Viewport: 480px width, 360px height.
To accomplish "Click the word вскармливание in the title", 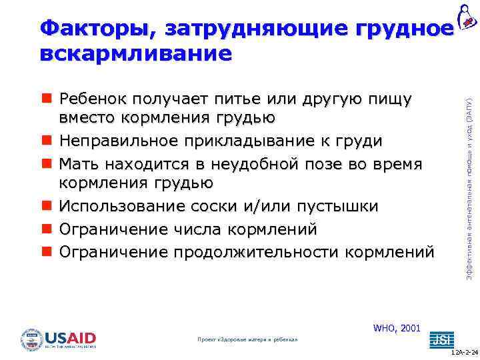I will coord(136,53).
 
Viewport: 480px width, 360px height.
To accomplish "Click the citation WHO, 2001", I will coord(397,328).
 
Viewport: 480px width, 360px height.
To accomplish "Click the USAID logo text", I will coord(70,337).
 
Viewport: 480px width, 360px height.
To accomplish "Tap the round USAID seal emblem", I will coord(31,339).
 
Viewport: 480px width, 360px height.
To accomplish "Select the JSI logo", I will coord(439,339).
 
